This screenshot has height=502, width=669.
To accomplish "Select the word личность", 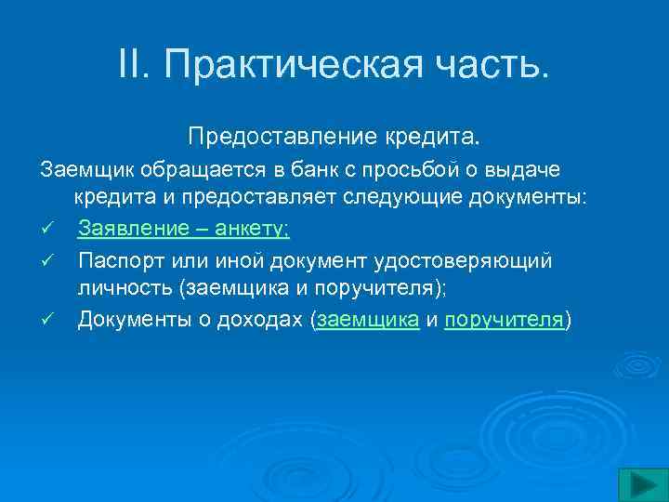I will point(125,289).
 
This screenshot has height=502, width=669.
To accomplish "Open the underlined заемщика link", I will point(368,320).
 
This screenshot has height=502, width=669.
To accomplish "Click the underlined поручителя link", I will point(505,320).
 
